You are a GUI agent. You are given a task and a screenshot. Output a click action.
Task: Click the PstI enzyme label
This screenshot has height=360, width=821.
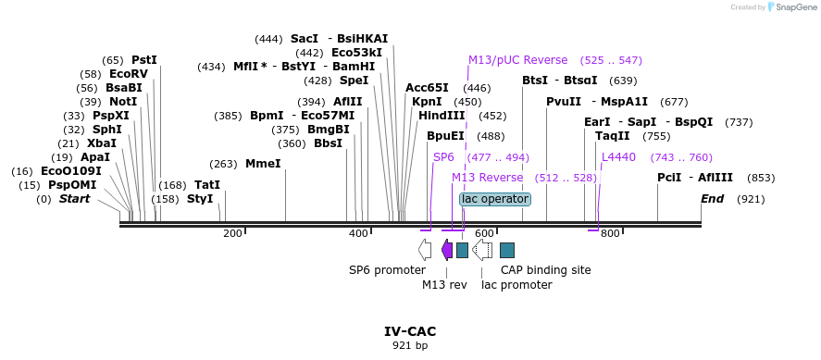[x=144, y=59]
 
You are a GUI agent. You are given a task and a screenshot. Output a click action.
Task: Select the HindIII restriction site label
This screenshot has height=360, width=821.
[x=442, y=116]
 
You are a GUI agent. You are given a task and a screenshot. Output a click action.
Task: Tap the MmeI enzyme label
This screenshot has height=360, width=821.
[x=263, y=164]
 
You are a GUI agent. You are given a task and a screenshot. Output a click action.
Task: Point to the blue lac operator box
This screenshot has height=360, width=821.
[x=495, y=199]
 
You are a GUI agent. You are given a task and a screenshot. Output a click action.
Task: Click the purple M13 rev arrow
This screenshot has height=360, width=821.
[x=447, y=250]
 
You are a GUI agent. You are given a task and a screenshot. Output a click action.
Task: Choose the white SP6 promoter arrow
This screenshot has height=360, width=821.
[x=425, y=250]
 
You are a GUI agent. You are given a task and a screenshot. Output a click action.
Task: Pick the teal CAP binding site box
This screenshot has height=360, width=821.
[x=507, y=250]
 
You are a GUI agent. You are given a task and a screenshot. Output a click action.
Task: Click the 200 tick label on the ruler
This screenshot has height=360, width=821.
[x=232, y=233]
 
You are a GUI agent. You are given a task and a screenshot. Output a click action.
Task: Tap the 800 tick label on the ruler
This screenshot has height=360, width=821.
[x=610, y=233]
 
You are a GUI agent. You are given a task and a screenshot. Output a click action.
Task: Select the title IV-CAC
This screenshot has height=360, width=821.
[x=410, y=331]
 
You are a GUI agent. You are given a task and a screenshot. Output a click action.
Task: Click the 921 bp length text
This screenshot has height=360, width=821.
[x=410, y=346]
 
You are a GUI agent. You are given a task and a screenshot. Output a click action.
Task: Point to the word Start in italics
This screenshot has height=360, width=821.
[x=74, y=199]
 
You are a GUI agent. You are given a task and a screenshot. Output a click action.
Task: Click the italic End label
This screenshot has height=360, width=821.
[x=712, y=199]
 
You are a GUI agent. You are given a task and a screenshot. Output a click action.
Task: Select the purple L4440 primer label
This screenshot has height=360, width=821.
[x=618, y=157]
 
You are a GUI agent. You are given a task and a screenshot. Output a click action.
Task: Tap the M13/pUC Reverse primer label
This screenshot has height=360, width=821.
[x=517, y=60]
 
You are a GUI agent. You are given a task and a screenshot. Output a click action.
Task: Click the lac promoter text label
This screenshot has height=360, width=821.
[x=516, y=285]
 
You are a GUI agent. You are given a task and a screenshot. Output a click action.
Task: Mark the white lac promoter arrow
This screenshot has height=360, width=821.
[x=482, y=250]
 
